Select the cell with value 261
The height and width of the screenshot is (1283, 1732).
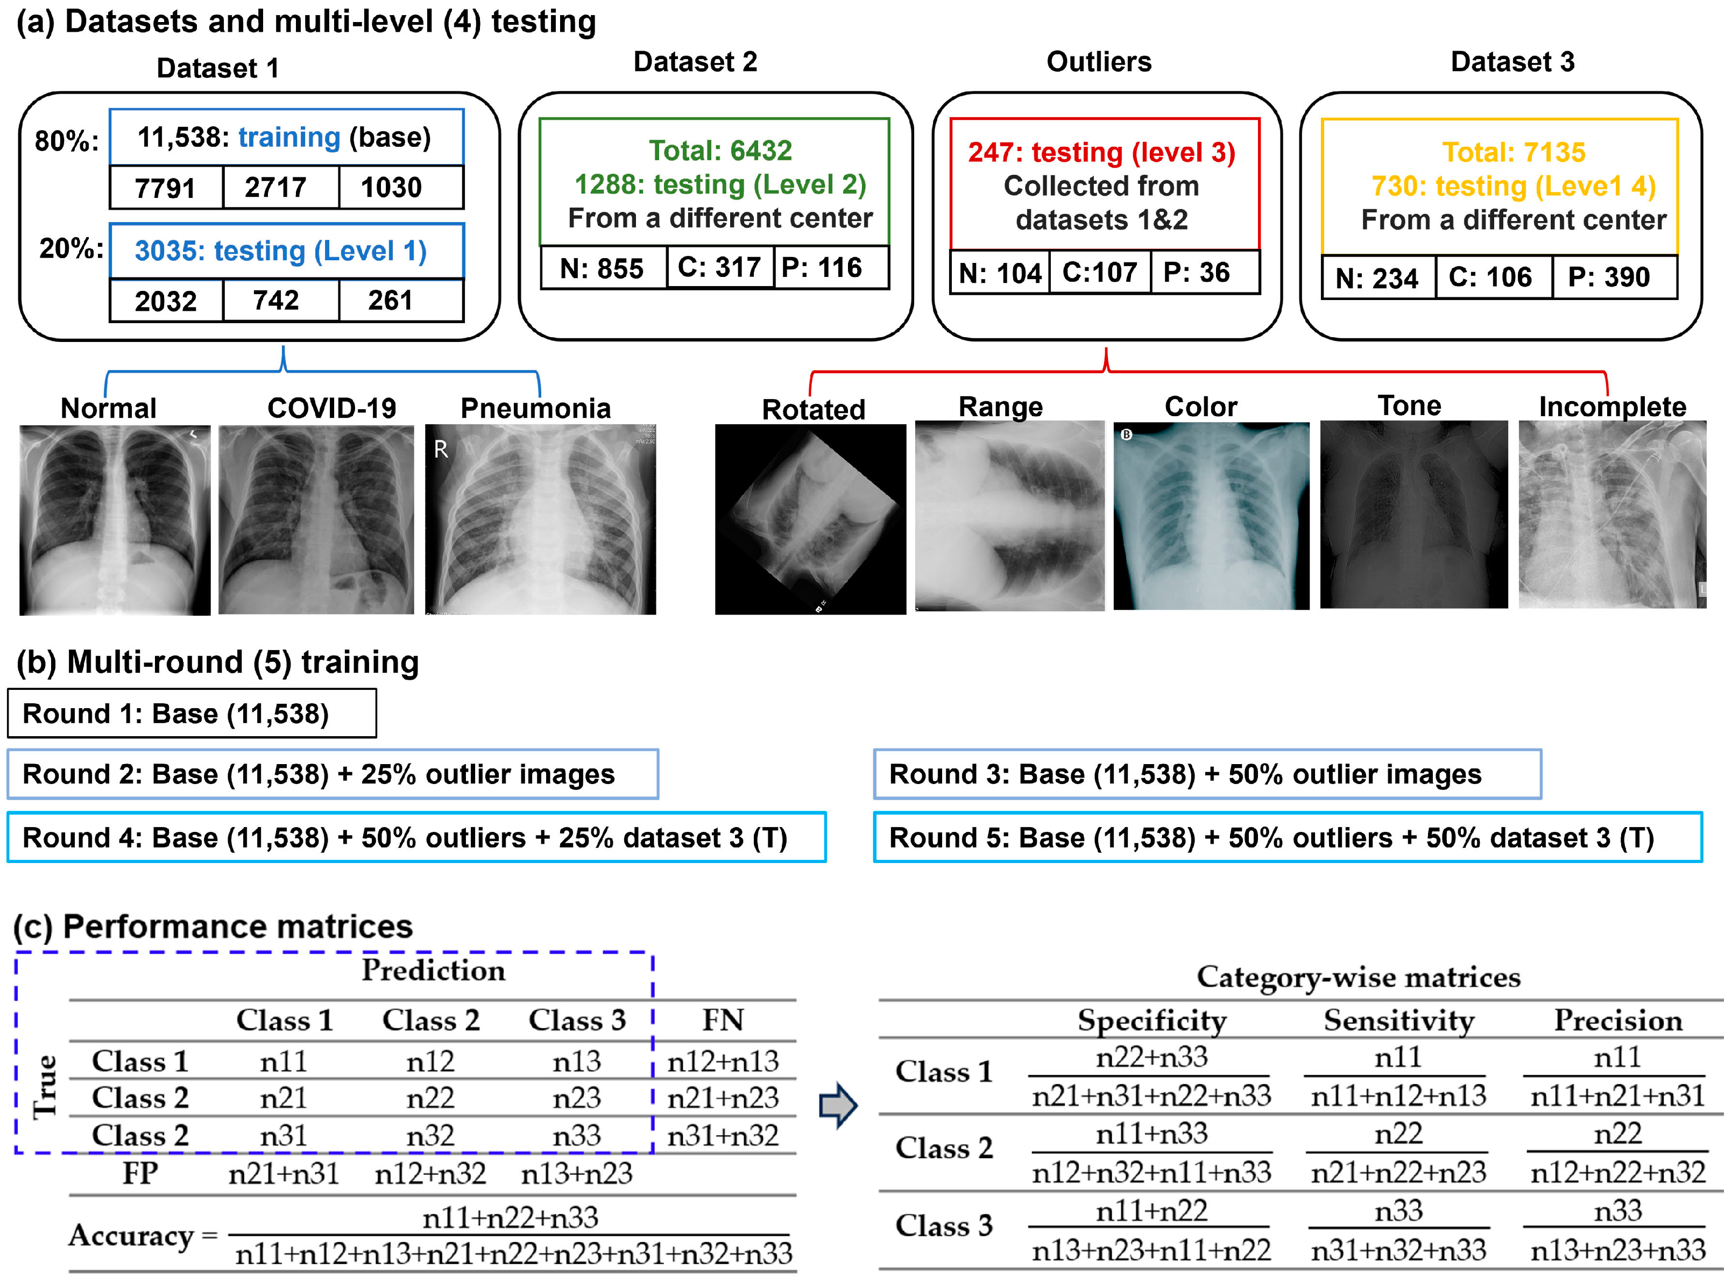[x=390, y=301]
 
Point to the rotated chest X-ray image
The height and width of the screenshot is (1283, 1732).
[x=810, y=519]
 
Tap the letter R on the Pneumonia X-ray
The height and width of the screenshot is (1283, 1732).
[x=441, y=450]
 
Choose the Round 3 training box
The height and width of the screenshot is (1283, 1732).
[x=1207, y=774]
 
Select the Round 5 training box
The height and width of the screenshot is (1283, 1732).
[x=1287, y=837]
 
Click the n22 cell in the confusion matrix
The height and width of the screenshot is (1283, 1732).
[x=430, y=1097]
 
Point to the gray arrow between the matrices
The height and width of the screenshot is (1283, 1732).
[x=838, y=1105]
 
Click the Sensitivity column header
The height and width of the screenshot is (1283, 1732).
[x=1398, y=1020]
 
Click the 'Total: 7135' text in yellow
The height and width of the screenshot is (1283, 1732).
[x=1513, y=152]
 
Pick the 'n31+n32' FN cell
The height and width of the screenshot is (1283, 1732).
[x=722, y=1136]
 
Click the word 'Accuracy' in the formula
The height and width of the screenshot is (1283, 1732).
[x=131, y=1235]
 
